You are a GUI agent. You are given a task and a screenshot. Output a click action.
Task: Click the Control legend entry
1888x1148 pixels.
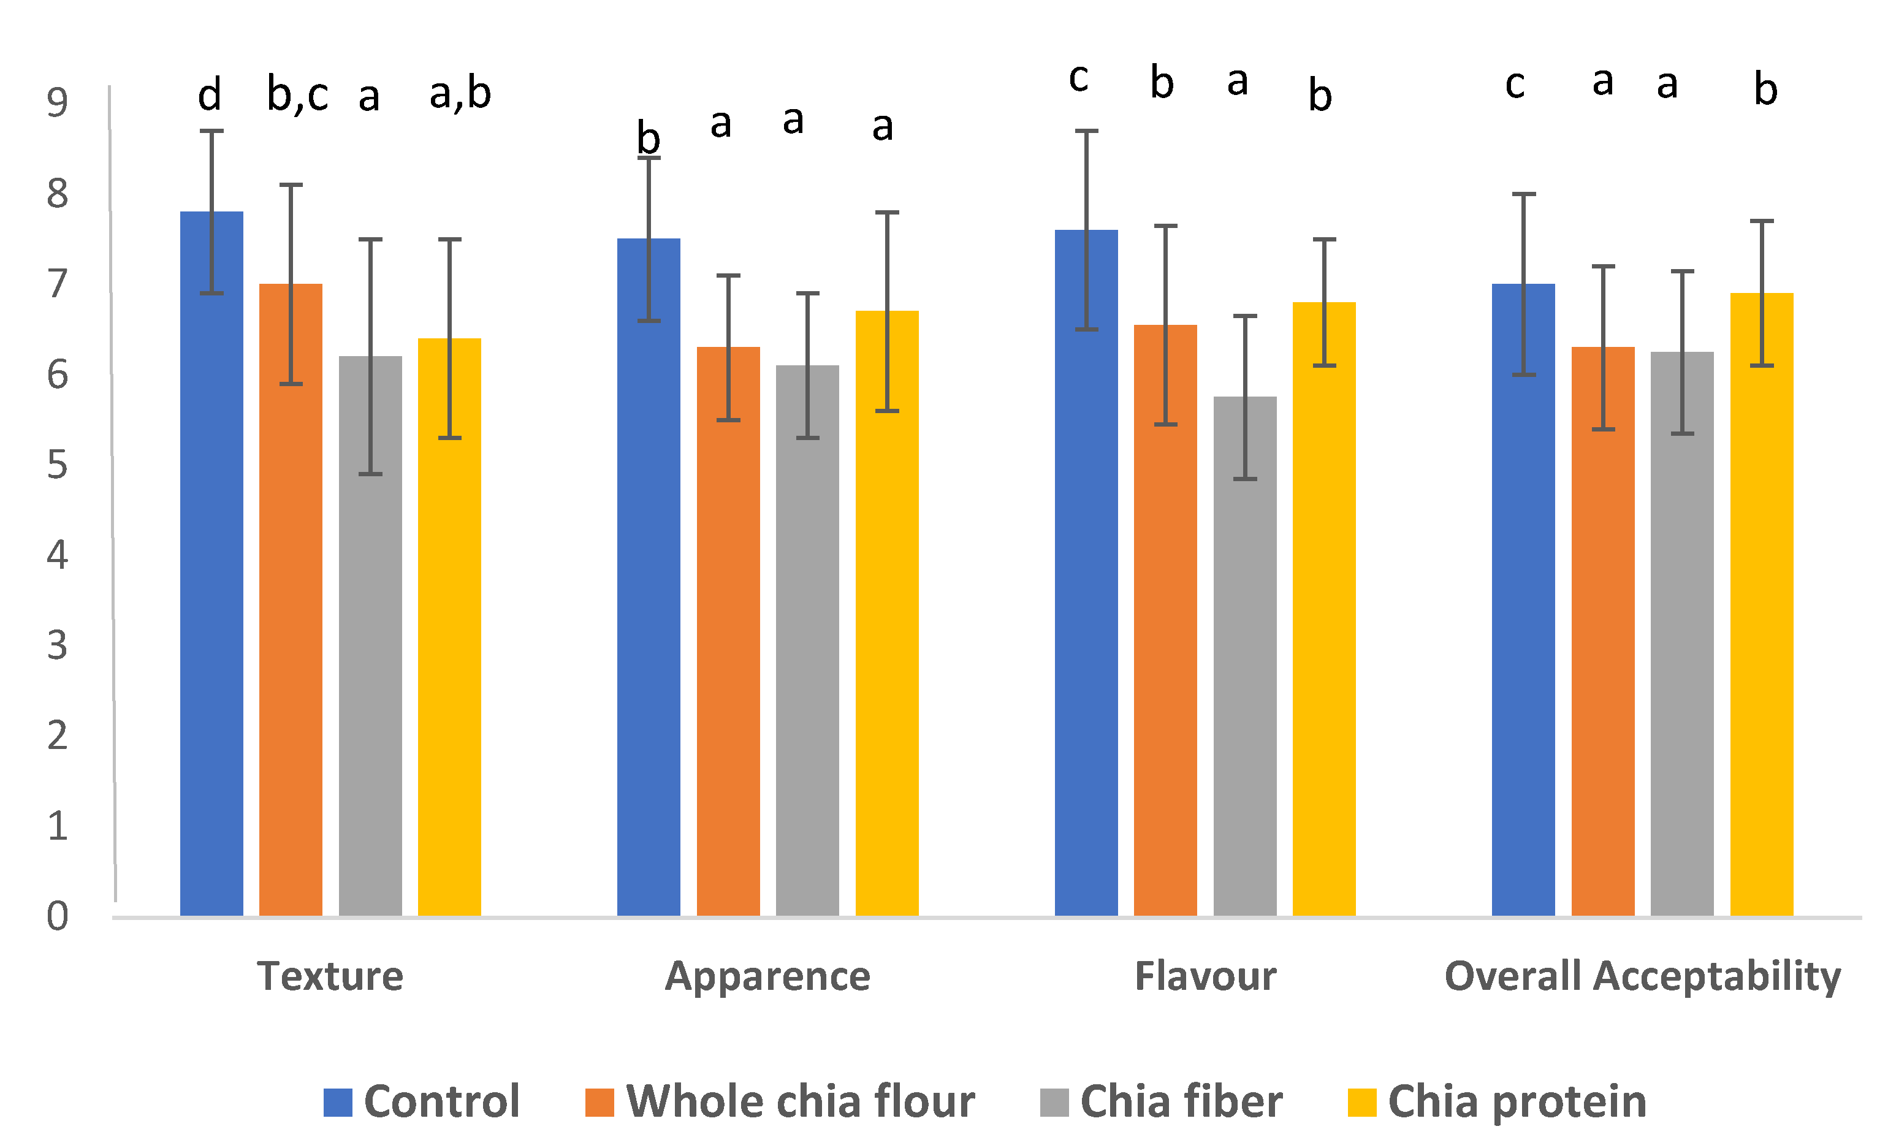pos(422,1102)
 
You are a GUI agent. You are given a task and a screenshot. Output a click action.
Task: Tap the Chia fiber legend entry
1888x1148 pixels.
pos(1161,1102)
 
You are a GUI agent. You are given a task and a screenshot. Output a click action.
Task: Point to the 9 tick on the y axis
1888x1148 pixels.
pos(58,103)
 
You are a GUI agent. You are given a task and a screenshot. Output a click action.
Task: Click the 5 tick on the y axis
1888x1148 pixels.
pos(58,465)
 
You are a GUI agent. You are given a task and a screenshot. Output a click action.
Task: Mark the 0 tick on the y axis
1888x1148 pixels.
pos(58,916)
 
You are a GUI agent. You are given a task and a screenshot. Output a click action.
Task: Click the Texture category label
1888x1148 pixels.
pos(330,976)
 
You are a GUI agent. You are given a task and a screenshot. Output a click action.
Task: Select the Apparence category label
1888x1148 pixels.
pos(767,976)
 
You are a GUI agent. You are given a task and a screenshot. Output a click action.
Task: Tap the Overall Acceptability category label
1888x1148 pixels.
pos(1642,976)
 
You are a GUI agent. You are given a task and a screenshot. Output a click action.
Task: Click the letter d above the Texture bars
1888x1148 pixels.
pos(209,95)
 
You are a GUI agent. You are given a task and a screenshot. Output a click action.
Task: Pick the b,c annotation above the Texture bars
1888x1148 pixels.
pos(297,95)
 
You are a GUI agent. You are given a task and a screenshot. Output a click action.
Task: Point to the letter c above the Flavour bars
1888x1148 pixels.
pos(1078,78)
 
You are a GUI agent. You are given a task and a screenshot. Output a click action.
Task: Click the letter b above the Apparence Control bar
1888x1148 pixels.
pos(649,138)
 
